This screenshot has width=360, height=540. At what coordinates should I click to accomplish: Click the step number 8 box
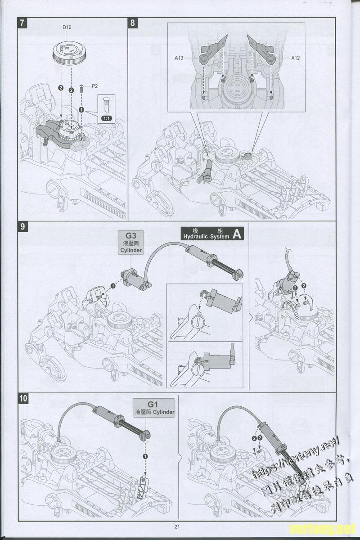(x=133, y=23)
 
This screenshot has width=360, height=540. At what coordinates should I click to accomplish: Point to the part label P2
(x=94, y=85)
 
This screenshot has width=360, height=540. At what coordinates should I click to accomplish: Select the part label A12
(x=295, y=58)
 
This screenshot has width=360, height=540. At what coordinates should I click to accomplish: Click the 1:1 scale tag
(x=107, y=118)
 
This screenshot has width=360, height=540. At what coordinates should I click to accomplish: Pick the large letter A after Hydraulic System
(x=238, y=234)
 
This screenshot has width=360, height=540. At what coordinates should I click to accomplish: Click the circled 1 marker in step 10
(x=145, y=456)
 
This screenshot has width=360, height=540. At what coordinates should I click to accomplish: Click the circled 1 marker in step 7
(x=81, y=109)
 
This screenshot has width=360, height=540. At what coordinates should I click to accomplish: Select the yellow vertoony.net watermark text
(x=323, y=528)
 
